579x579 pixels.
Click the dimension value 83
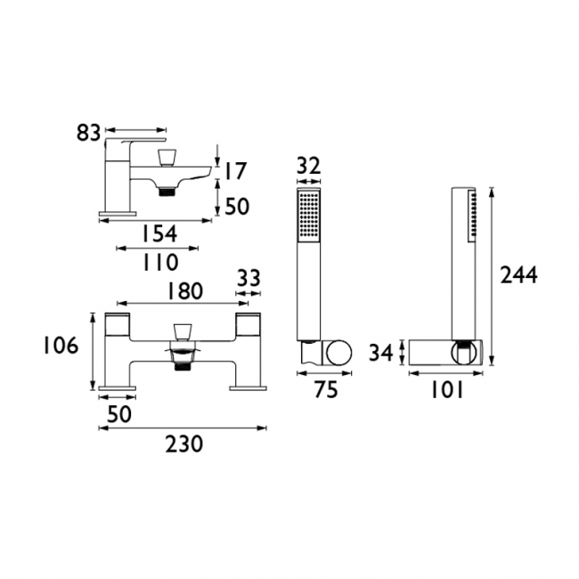click(x=88, y=133)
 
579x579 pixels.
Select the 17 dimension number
click(x=235, y=171)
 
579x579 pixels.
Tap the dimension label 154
click(x=159, y=233)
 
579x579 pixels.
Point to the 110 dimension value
click(x=160, y=262)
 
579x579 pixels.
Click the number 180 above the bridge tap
click(x=184, y=290)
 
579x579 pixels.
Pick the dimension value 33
click(x=249, y=278)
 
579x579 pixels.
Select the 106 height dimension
click(x=61, y=346)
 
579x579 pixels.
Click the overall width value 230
click(x=183, y=444)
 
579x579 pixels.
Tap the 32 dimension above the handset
click(x=309, y=167)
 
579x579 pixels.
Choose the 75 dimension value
click(x=326, y=389)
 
